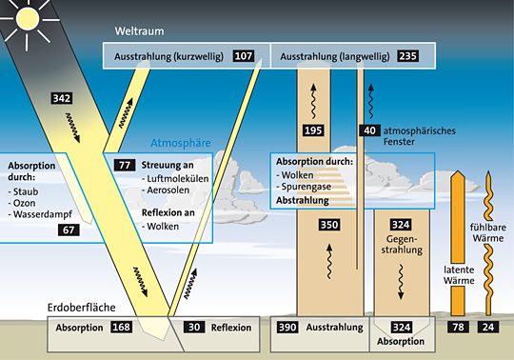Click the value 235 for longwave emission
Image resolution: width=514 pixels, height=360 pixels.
pyautogui.click(x=408, y=57)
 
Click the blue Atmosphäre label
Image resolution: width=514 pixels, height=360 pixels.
pyautogui.click(x=181, y=145)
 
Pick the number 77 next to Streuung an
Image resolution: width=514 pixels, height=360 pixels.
pyautogui.click(x=124, y=165)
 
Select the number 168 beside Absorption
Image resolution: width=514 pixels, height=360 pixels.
pyautogui.click(x=121, y=328)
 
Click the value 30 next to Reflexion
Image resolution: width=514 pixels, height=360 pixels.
pyautogui.click(x=193, y=328)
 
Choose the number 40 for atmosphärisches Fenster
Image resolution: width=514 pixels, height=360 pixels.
pyautogui.click(x=369, y=130)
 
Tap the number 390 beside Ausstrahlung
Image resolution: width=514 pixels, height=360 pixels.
pyautogui.click(x=287, y=328)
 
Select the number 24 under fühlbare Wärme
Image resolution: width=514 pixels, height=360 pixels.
pyautogui.click(x=489, y=328)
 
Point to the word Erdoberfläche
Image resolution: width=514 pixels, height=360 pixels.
pyautogui.click(x=87, y=308)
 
